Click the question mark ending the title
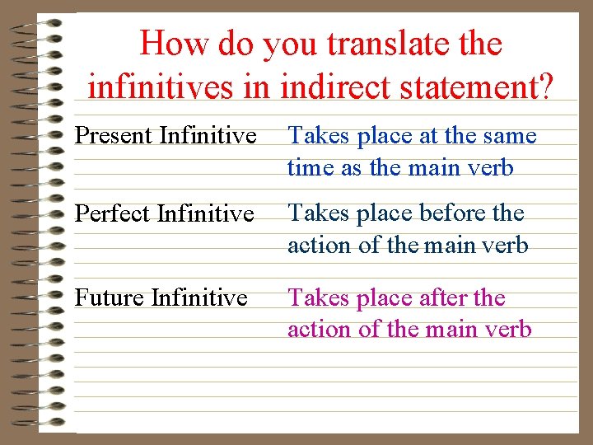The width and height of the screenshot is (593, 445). [544, 87]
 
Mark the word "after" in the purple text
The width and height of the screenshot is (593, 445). [440, 297]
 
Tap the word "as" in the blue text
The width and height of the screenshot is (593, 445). [351, 167]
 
